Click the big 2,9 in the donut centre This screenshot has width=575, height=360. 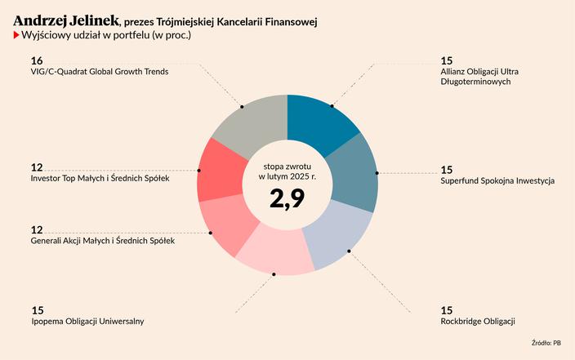[x=287, y=198]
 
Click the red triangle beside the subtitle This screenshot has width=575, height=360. [x=16, y=36]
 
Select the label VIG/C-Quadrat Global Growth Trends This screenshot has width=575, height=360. [x=99, y=72]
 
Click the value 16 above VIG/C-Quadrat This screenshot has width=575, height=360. [x=36, y=60]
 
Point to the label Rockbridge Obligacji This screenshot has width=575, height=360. [x=478, y=322]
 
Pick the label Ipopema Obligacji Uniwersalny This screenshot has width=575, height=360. [x=87, y=322]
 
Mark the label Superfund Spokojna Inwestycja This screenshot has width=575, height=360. [x=497, y=180]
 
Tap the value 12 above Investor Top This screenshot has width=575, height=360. [x=36, y=167]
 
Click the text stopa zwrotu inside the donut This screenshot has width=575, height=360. [x=287, y=166]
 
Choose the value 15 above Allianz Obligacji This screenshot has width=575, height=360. [x=446, y=60]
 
